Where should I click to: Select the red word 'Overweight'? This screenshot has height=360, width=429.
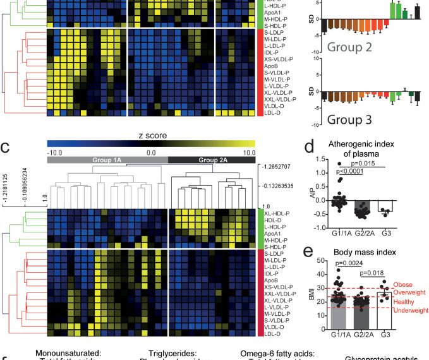(410, 293)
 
